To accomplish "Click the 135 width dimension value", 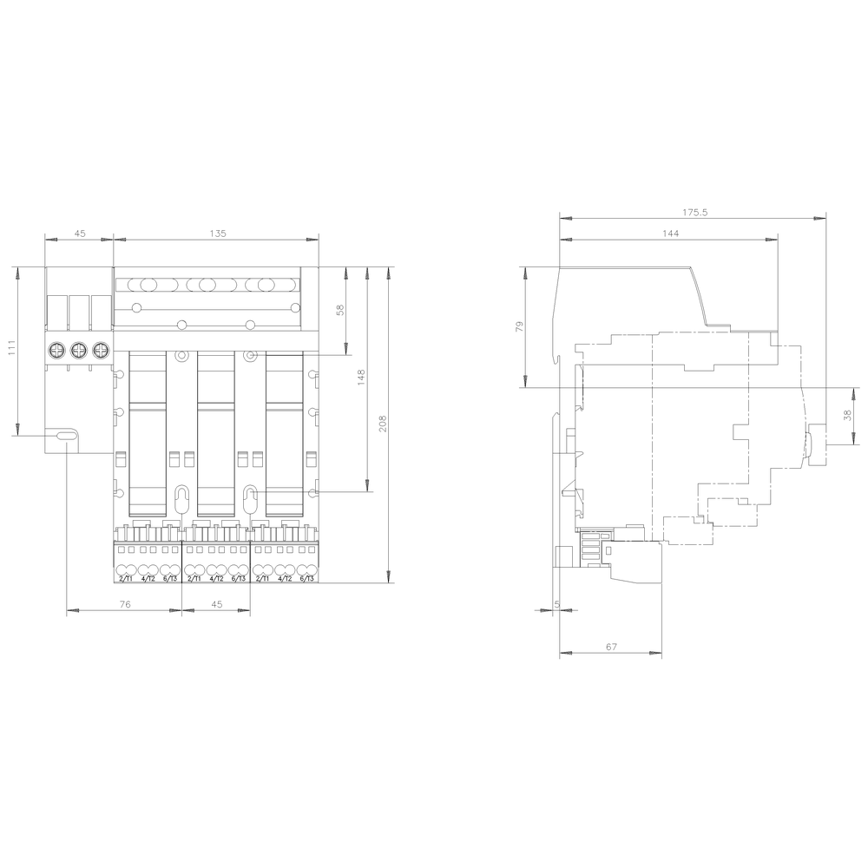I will [x=217, y=233].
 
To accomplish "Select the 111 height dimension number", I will [x=11, y=349].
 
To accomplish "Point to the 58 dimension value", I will [x=340, y=310].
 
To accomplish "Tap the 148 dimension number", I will [x=361, y=378].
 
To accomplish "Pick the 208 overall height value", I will [x=382, y=424].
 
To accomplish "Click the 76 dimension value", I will [x=125, y=604].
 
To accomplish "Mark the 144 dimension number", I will [x=670, y=233].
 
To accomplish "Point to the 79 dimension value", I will [x=520, y=326].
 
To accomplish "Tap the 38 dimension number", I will [x=848, y=416].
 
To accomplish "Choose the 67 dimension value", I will [x=611, y=646].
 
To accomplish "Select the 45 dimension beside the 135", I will [x=79, y=233].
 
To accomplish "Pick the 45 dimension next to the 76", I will [x=215, y=604].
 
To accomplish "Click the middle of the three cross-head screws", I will [x=79, y=350].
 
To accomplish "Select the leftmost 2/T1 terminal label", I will [x=124, y=578].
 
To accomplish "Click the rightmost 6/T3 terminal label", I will [x=306, y=578].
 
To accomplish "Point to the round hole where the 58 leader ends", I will [x=250, y=356].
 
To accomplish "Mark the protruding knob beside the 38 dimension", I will [x=815, y=445].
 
